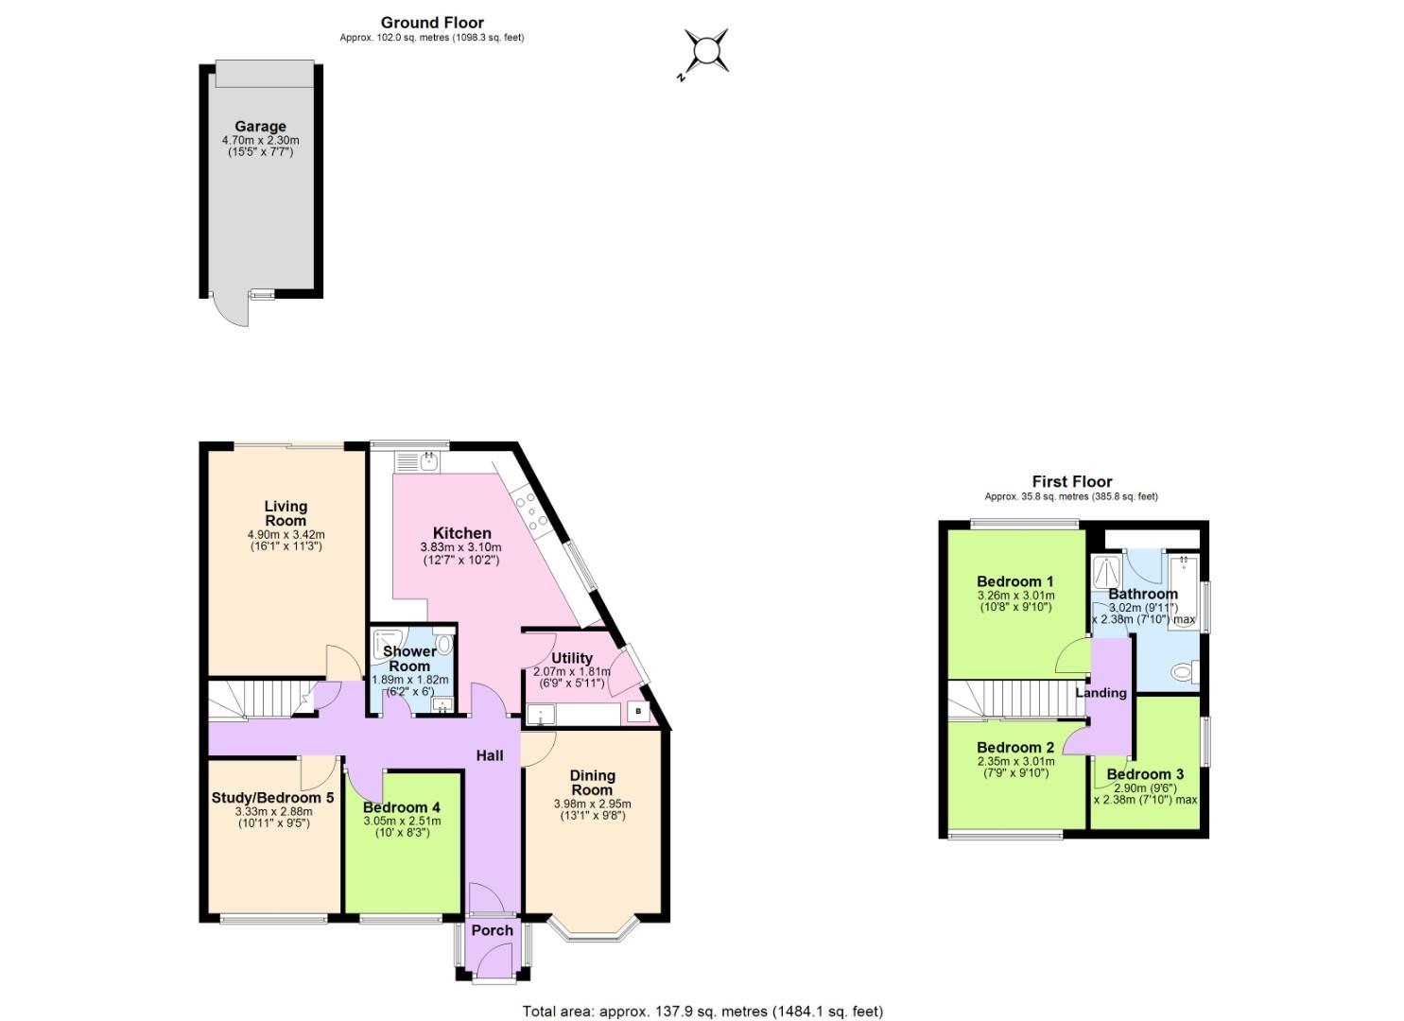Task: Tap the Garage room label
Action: [260, 127]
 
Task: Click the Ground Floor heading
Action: [432, 23]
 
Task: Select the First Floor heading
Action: [1071, 481]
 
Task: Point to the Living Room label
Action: [285, 513]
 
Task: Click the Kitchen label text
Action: [461, 533]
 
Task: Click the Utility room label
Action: [571, 658]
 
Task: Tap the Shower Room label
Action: [409, 658]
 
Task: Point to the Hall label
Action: [489, 755]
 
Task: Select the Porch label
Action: [492, 930]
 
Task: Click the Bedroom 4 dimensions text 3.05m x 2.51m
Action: [402, 822]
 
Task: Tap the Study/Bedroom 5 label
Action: [272, 797]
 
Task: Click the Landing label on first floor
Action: [1101, 693]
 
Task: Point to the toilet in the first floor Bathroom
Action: [1183, 672]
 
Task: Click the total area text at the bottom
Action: [702, 1012]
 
